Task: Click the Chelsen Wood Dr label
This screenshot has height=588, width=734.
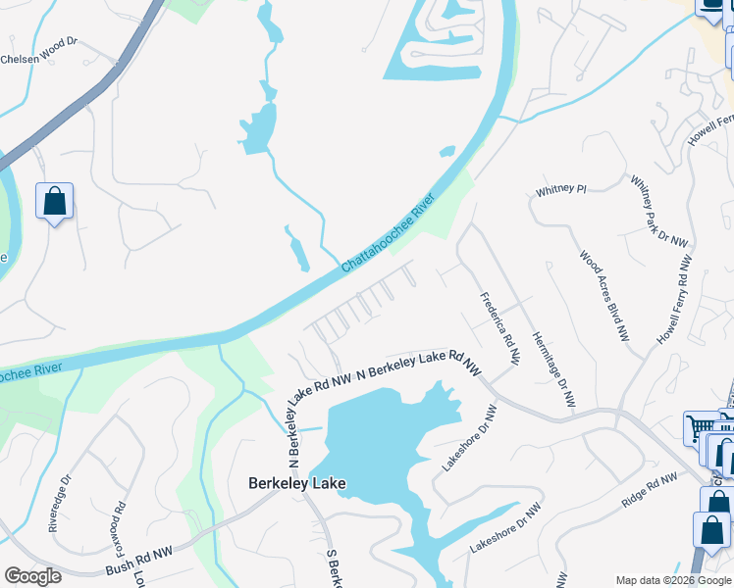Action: pos(37,59)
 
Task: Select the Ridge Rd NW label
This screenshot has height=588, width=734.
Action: pos(650,491)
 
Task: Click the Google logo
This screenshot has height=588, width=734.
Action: pos(32,576)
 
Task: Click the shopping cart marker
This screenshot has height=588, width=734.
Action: pos(701,428)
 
